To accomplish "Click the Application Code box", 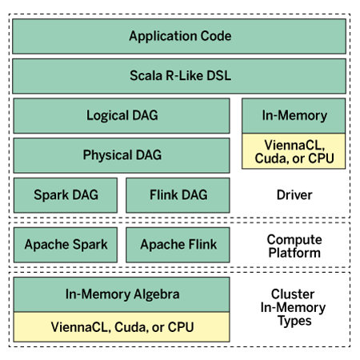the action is pyautogui.click(x=179, y=36).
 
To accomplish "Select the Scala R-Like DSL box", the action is pyautogui.click(x=179, y=76).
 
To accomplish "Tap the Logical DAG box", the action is pyautogui.click(x=122, y=116).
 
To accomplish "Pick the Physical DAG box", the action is pyautogui.click(x=122, y=155).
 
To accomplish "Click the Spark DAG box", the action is pyautogui.click(x=66, y=195).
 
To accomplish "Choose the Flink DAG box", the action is pyautogui.click(x=178, y=195).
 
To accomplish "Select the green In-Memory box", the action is pyautogui.click(x=294, y=116).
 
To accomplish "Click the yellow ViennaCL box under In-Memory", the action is pyautogui.click(x=294, y=151).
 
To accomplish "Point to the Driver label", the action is pyautogui.click(x=294, y=195).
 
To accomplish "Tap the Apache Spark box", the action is pyautogui.click(x=66, y=245).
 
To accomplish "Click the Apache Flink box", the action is pyautogui.click(x=178, y=245).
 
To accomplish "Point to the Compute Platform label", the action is pyautogui.click(x=294, y=246).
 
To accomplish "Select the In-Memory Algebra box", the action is pyautogui.click(x=122, y=294).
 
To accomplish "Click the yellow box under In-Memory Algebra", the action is pyautogui.click(x=122, y=327).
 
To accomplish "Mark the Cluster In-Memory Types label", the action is pyautogui.click(x=294, y=307).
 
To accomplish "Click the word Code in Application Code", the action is pyautogui.click(x=216, y=36).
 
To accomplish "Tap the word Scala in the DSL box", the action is pyautogui.click(x=146, y=75).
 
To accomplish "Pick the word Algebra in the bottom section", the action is pyautogui.click(x=157, y=294).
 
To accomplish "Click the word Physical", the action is pyautogui.click(x=107, y=155).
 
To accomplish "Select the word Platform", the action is pyautogui.click(x=294, y=253).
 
